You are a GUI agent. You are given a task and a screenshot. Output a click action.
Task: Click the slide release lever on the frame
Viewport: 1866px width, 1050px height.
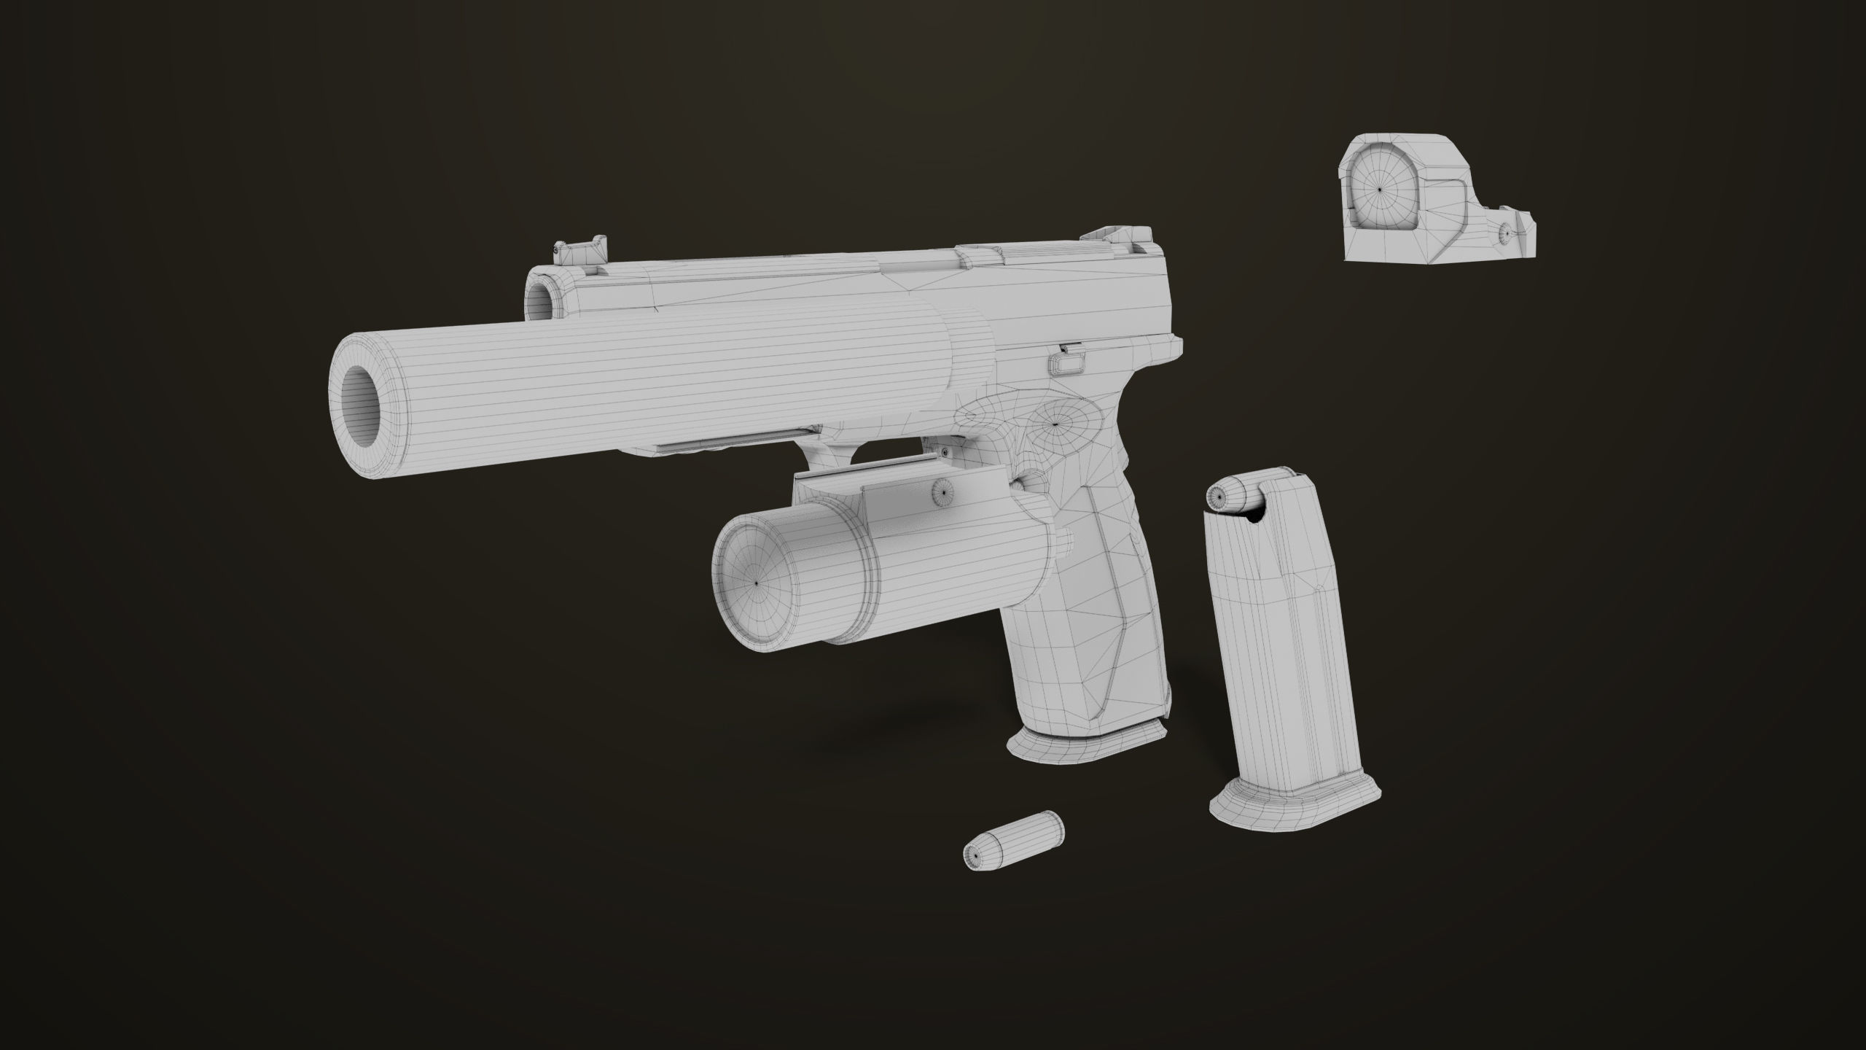(1063, 361)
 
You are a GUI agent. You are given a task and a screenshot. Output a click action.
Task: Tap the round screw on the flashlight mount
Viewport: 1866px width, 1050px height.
(941, 492)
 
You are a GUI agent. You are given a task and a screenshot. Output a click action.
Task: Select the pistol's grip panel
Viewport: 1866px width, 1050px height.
(1093, 620)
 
